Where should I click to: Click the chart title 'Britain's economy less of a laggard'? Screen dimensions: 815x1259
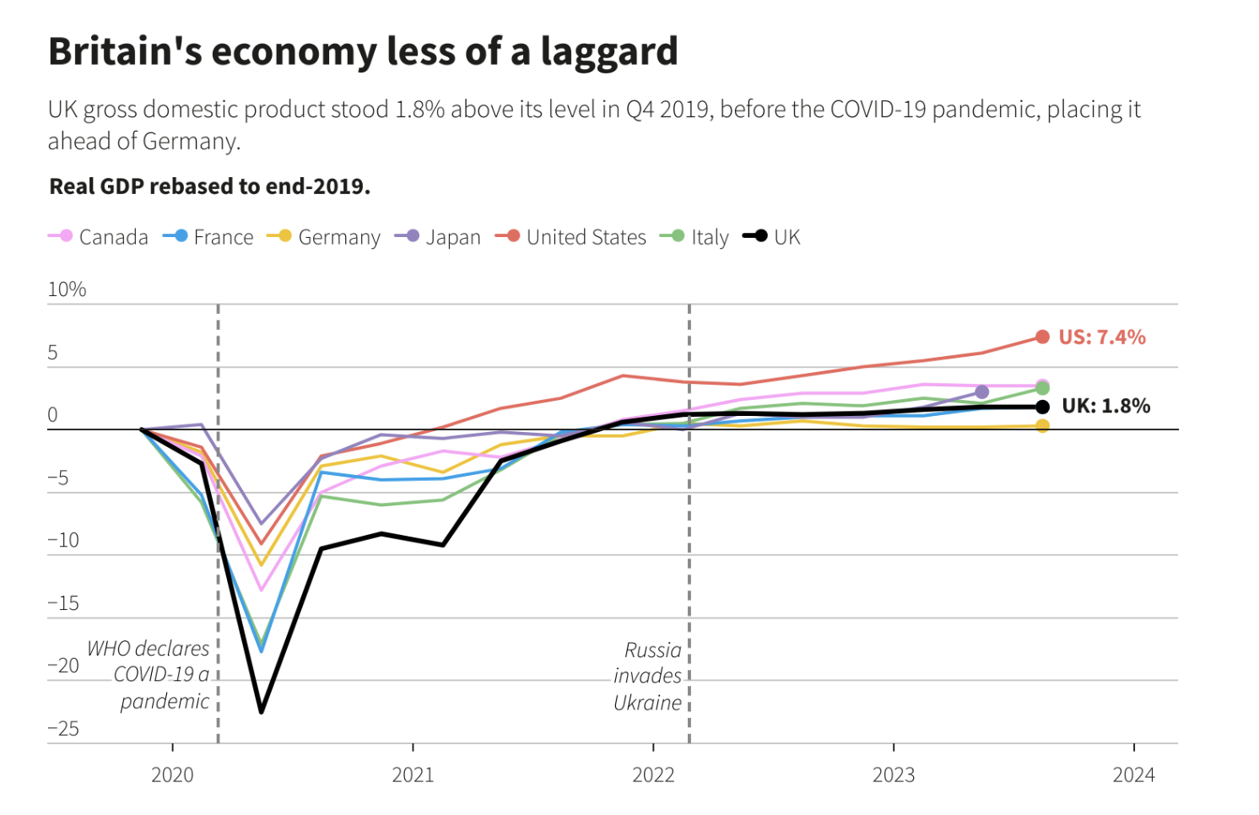click(363, 51)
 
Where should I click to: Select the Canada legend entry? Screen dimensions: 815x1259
click(99, 237)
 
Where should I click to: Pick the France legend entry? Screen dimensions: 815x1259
click(209, 237)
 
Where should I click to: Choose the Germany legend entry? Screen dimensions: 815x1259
click(325, 237)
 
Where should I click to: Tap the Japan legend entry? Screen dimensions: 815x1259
click(438, 237)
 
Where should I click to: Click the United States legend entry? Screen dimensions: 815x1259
click(571, 237)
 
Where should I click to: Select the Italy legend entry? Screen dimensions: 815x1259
click(694, 237)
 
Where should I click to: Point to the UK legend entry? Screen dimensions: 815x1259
click(772, 237)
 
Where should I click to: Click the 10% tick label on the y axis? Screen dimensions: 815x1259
click(67, 289)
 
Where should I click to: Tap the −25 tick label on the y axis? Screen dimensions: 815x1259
click(63, 728)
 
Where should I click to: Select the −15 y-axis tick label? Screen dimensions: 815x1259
click(63, 602)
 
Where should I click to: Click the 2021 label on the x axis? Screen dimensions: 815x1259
click(413, 775)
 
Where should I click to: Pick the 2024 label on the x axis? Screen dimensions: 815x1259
click(1133, 775)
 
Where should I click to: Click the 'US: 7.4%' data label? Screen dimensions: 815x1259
click(1102, 337)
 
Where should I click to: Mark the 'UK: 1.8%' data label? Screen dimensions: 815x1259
click(1105, 406)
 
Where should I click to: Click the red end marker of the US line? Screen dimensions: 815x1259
click(1042, 337)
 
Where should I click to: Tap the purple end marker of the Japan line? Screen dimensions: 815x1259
click(981, 392)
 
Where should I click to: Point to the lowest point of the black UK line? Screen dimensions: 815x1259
click(262, 711)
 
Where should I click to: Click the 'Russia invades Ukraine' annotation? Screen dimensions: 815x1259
click(647, 676)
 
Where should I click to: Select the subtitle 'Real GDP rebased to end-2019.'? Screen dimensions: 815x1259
click(210, 186)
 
